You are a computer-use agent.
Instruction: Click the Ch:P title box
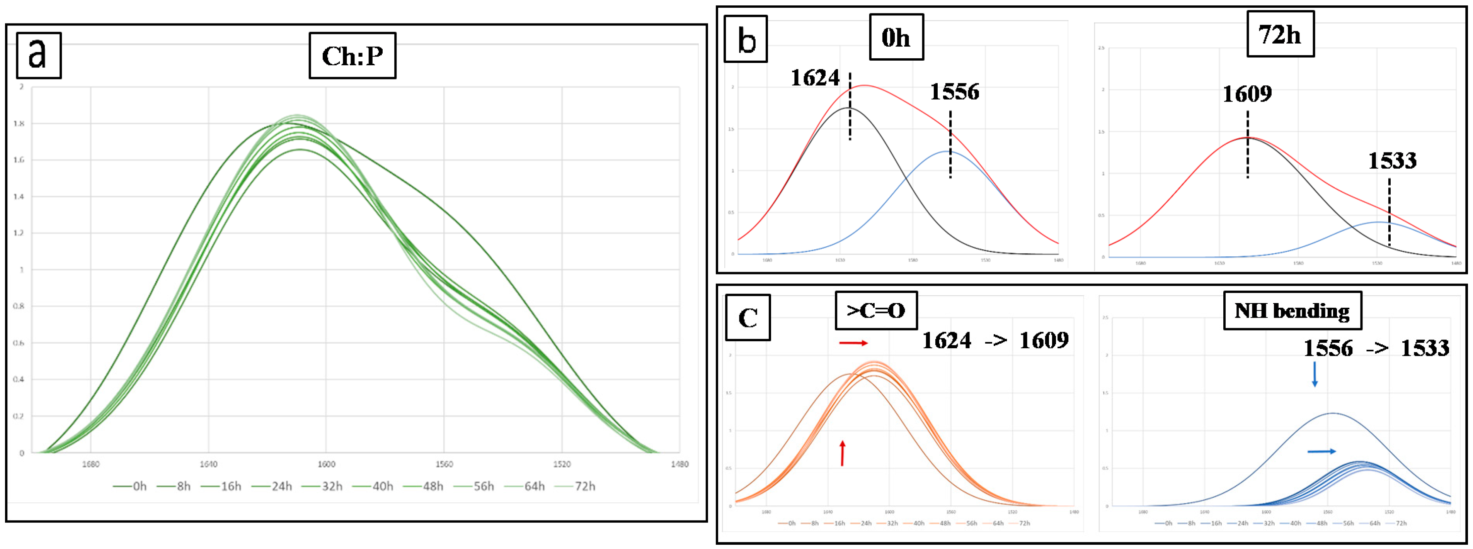pos(352,56)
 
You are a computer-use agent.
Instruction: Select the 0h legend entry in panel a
pos(130,486)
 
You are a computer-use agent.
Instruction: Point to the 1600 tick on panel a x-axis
pos(327,464)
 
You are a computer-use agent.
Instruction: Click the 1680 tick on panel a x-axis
pos(90,464)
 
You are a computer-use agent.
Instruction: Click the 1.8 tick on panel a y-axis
pos(19,124)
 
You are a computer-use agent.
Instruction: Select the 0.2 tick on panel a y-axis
pos(19,416)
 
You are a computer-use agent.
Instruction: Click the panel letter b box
pos(746,39)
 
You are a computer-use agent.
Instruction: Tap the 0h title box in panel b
pos(896,37)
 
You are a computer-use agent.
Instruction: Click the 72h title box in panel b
pos(1280,34)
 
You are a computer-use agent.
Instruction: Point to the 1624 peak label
pos(815,78)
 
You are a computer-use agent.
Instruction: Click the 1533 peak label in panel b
pos(1392,161)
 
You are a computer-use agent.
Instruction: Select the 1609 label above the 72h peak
pos(1247,94)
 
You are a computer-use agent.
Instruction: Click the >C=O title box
pos(876,310)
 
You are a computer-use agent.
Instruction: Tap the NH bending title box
pos(1292,311)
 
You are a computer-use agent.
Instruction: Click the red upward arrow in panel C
pos(842,453)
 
